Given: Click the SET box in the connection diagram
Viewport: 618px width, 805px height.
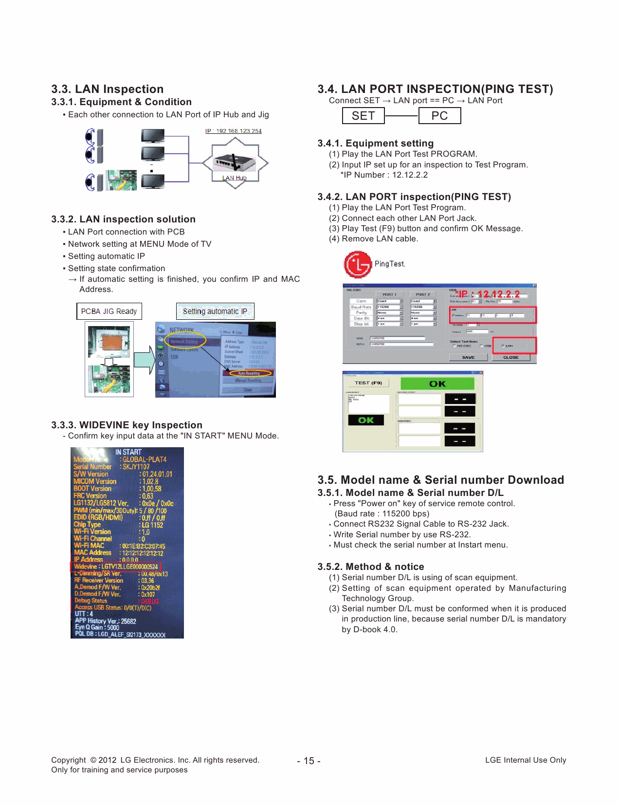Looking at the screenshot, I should tap(363, 116).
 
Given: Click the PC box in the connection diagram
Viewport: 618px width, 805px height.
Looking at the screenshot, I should tap(439, 116).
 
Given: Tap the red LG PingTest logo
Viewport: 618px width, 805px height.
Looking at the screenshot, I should tap(358, 264).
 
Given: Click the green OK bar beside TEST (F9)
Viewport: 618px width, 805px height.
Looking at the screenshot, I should tap(437, 384).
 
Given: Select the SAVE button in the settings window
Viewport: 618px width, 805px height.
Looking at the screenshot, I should tap(468, 357).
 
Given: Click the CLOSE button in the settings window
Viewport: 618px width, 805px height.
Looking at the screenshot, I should tap(510, 357).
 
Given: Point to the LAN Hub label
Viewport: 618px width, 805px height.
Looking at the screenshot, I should tap(235, 178).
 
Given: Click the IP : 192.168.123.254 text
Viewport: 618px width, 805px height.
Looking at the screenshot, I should tap(234, 131).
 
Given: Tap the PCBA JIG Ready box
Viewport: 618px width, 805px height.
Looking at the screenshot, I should tap(109, 311).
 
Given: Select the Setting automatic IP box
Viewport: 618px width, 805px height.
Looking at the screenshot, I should tap(215, 311).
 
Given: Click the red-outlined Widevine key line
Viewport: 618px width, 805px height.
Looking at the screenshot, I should tap(116, 567).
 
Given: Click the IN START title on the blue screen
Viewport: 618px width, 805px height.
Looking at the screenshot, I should tap(128, 452).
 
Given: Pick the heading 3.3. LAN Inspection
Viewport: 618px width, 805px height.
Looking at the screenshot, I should tap(108, 89).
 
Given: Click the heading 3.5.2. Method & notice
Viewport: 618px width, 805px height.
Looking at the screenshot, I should tap(371, 567).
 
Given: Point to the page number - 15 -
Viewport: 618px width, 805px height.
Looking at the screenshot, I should tap(309, 761).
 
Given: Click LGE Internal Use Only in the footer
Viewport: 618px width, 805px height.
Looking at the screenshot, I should tap(526, 760).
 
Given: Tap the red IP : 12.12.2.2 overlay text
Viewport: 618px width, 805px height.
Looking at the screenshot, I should tap(489, 294).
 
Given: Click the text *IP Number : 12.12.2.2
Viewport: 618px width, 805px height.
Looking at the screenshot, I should tap(384, 175).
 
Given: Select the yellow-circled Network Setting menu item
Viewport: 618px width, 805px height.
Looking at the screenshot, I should tap(184, 341).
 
